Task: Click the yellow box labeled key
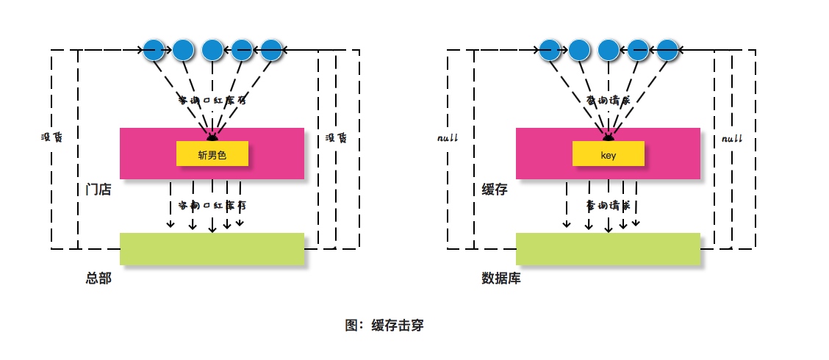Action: [608, 154]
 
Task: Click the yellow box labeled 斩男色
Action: [212, 154]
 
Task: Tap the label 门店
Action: [98, 190]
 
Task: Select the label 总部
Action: [98, 278]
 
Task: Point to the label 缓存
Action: [494, 190]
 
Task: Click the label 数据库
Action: [500, 278]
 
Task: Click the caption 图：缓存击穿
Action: [384, 325]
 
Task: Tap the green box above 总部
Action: [212, 248]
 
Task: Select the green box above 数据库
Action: [608, 248]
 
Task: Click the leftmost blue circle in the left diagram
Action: [154, 49]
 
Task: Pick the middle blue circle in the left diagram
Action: [212, 49]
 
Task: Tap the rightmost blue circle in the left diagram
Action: [271, 49]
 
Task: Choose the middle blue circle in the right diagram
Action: [609, 49]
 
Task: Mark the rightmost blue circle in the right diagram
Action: [667, 49]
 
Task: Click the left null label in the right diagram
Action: [447, 138]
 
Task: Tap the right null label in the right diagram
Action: [731, 138]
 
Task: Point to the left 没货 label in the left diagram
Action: [51, 137]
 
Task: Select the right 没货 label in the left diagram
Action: [336, 137]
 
